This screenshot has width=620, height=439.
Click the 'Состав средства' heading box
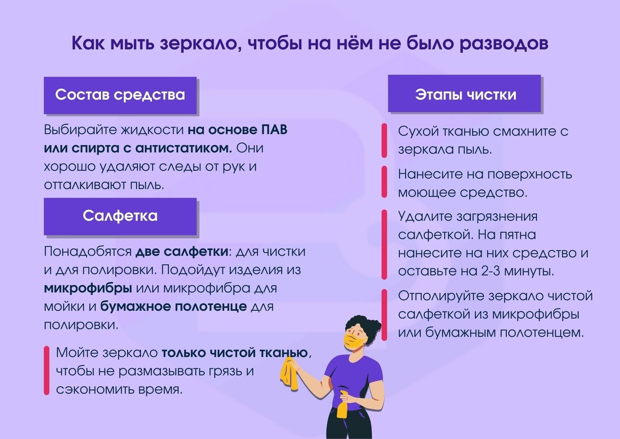pyautogui.click(x=120, y=96)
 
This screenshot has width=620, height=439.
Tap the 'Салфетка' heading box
pyautogui.click(x=120, y=216)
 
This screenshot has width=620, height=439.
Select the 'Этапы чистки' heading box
pyautogui.click(x=464, y=95)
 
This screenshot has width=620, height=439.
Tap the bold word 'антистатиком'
pyautogui.click(x=183, y=148)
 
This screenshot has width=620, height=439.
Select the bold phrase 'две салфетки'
pyautogui.click(x=181, y=252)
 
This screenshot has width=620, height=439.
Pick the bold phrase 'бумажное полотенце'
pyautogui.click(x=173, y=306)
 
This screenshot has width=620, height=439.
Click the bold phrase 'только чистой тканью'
pyautogui.click(x=235, y=354)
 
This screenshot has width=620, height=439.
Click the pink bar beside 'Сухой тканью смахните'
pyautogui.click(x=384, y=141)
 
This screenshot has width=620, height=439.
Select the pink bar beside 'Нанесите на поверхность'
pyautogui.click(x=384, y=181)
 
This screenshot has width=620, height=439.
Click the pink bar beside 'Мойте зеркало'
pyautogui.click(x=47, y=371)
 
